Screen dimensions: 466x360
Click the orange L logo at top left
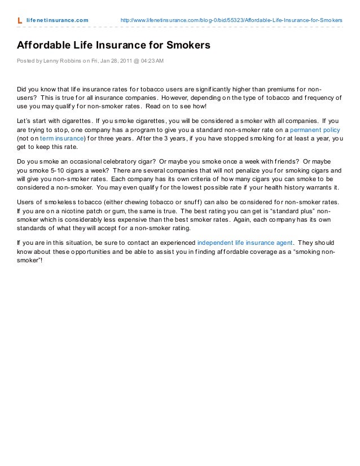point(20,20)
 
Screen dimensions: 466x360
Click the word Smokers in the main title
point(182,45)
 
